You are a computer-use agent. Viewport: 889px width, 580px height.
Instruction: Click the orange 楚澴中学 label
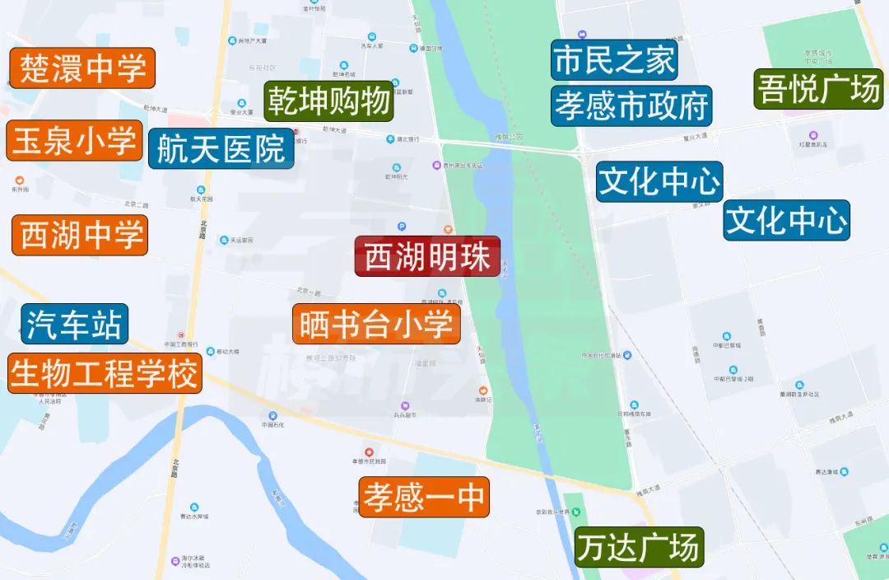pos(82,68)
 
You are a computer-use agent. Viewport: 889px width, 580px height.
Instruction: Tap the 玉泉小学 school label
pos(74,141)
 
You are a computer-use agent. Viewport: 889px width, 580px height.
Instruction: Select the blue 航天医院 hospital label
pos(221,149)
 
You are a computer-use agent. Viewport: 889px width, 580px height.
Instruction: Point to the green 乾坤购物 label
pos(328,102)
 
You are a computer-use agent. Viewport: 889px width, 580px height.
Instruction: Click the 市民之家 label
pos(614,60)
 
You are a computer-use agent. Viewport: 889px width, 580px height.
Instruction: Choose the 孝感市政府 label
pos(631,105)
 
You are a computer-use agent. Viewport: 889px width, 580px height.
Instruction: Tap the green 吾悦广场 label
pos(819,88)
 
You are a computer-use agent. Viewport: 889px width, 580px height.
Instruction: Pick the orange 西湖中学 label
pos(80,235)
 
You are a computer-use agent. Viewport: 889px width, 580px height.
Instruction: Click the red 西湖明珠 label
pos(427,257)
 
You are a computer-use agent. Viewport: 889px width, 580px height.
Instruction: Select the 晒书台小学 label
pos(376,324)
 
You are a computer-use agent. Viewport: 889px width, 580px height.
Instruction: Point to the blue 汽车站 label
pos(75,324)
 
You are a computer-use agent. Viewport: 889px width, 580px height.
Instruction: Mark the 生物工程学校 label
pos(105,373)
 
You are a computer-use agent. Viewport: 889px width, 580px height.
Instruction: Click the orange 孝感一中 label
pos(424,498)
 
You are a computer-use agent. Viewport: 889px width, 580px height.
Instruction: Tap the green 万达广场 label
pos(639,547)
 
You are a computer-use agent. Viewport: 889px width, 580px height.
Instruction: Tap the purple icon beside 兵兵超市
pos(405,406)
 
